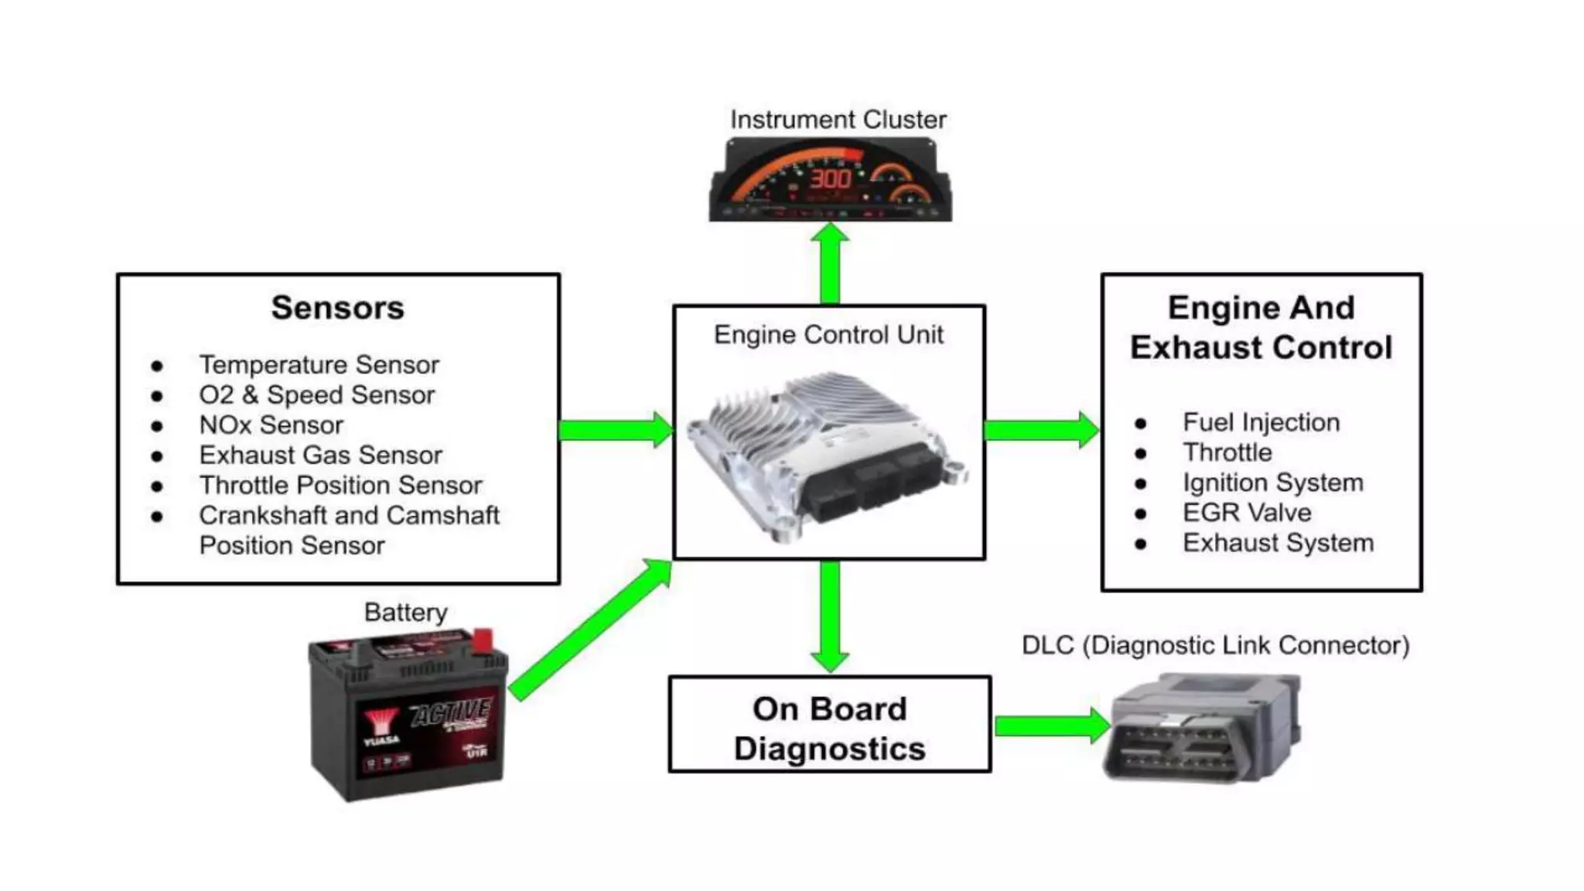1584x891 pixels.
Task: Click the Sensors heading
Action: pos(337,308)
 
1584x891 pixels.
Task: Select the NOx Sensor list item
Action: pos(271,425)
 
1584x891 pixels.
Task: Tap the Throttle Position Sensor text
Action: pos(340,485)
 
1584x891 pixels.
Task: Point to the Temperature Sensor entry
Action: pos(319,364)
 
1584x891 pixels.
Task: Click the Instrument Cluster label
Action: pos(838,120)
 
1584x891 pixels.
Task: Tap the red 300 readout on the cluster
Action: pos(830,179)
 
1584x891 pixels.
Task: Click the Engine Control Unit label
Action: pos(828,335)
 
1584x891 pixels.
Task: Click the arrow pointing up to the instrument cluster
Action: pos(830,263)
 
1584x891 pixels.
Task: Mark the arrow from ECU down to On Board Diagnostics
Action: pos(830,615)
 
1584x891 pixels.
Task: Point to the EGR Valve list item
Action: pos(1246,513)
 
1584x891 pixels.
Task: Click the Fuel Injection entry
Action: pos(1261,422)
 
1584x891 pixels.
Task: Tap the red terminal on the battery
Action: pos(483,639)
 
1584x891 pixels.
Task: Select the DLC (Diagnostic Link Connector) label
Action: pos(1215,645)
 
